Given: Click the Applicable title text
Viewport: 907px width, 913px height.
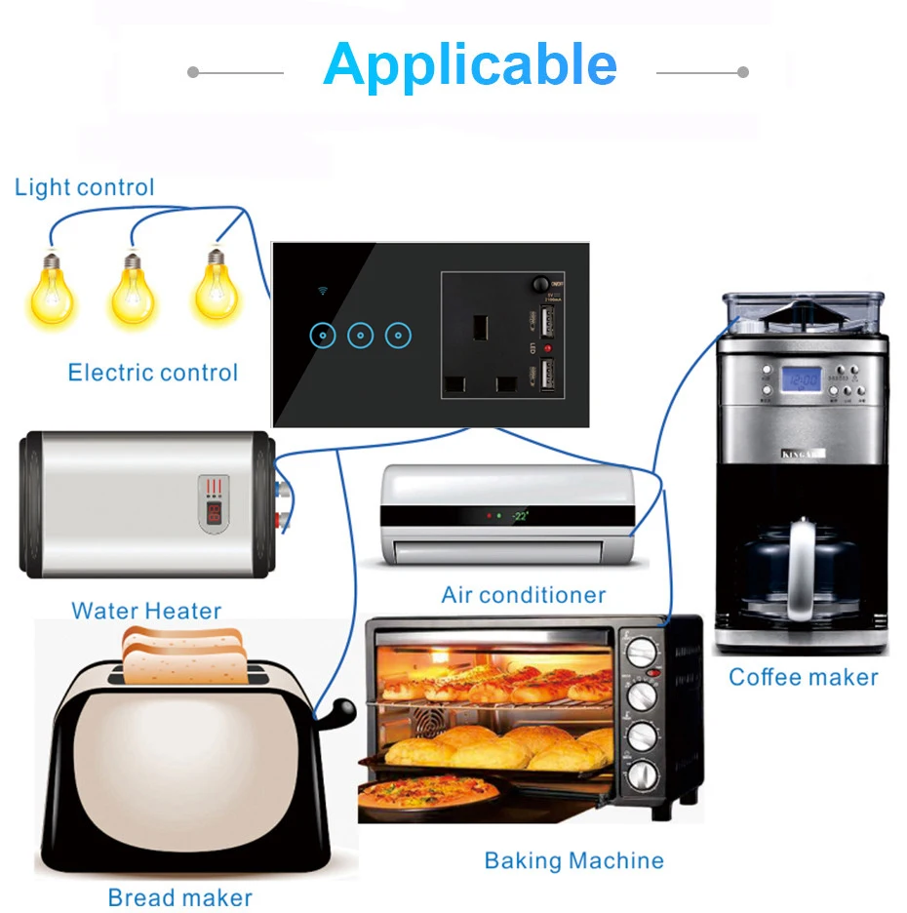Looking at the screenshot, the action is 470,64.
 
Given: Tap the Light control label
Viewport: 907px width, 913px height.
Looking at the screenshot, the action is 85,187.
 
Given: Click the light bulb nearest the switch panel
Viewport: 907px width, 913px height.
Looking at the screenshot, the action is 216,285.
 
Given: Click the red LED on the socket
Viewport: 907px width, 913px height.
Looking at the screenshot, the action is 547,348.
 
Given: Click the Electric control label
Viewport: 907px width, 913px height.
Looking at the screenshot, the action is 153,372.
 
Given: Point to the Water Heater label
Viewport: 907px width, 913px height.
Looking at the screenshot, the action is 146,612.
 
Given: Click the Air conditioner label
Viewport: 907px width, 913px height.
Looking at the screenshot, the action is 524,595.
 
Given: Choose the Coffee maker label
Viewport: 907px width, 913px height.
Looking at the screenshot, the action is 804,677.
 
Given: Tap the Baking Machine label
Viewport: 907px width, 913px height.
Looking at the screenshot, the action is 574,860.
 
